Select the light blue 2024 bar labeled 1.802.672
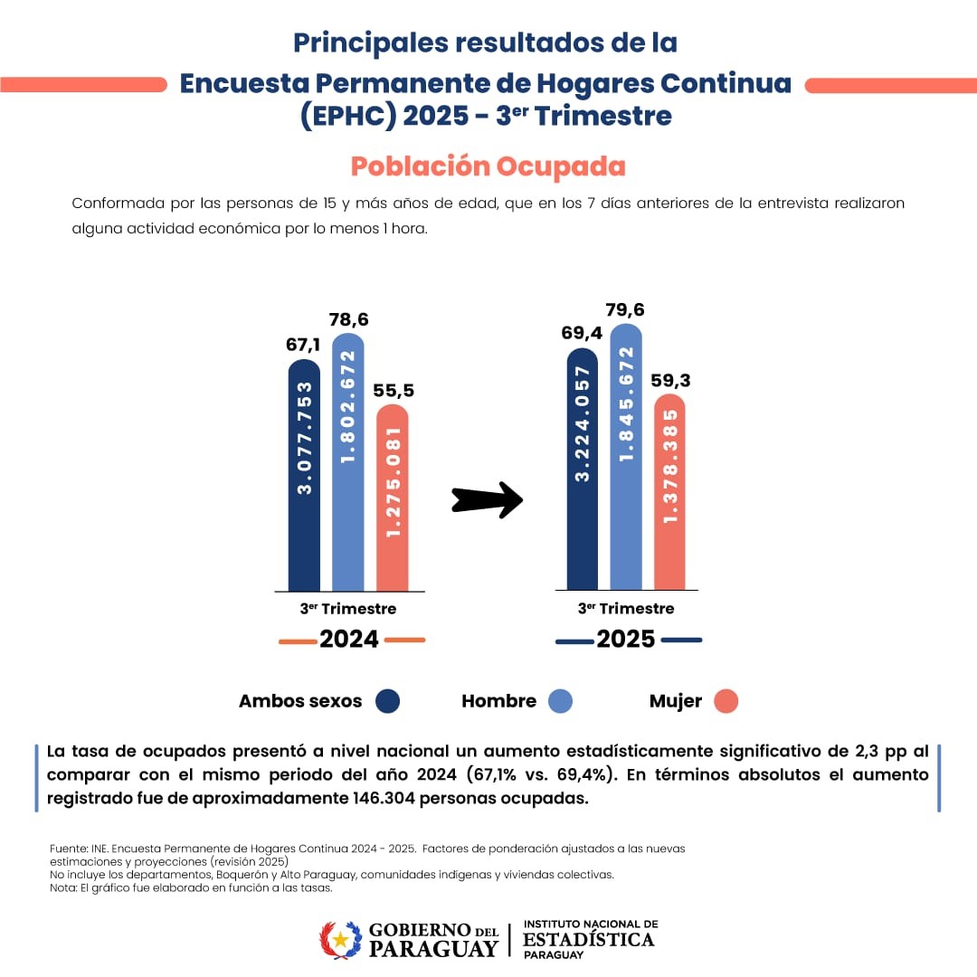click(348, 461)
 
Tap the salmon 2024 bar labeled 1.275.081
click(392, 498)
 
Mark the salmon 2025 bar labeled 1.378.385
click(669, 493)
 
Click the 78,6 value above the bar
click(348, 319)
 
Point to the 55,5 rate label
click(393, 390)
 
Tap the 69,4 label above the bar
click(582, 334)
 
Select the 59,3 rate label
click(670, 381)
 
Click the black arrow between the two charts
click(487, 498)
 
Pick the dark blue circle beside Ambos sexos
click(388, 701)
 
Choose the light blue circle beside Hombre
click(561, 701)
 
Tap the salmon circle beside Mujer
click(726, 701)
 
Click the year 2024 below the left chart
click(349, 640)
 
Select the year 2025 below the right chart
click(626, 640)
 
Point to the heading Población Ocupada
click(488, 167)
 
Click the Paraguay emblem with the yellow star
click(340, 940)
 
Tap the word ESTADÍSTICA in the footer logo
click(588, 940)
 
